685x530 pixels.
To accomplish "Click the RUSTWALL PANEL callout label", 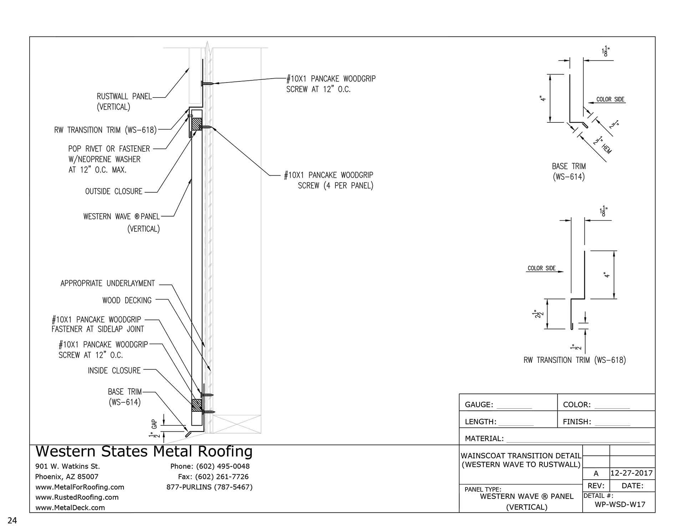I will pyautogui.click(x=124, y=97).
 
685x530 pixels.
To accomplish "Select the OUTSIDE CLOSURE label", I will pyautogui.click(x=113, y=191).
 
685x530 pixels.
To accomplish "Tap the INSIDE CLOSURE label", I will pyautogui.click(x=114, y=371).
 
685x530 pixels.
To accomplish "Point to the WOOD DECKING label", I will pyautogui.click(x=127, y=300).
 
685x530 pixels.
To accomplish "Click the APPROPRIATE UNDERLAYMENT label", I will pyautogui.click(x=107, y=284).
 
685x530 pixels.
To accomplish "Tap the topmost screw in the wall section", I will pyautogui.click(x=207, y=84).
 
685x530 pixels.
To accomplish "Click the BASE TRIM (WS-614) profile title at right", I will pyautogui.click(x=569, y=171).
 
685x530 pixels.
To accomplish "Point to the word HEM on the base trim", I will pyautogui.click(x=606, y=149).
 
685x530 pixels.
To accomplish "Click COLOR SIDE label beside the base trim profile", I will pyautogui.click(x=610, y=99).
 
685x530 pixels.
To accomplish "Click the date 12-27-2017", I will pyautogui.click(x=631, y=473).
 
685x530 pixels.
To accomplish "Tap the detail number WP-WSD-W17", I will pyautogui.click(x=620, y=504).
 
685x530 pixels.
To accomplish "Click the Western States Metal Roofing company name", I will pyautogui.click(x=144, y=451).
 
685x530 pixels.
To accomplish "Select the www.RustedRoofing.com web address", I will pyautogui.click(x=77, y=497).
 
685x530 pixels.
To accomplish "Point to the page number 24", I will pyautogui.click(x=12, y=521).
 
